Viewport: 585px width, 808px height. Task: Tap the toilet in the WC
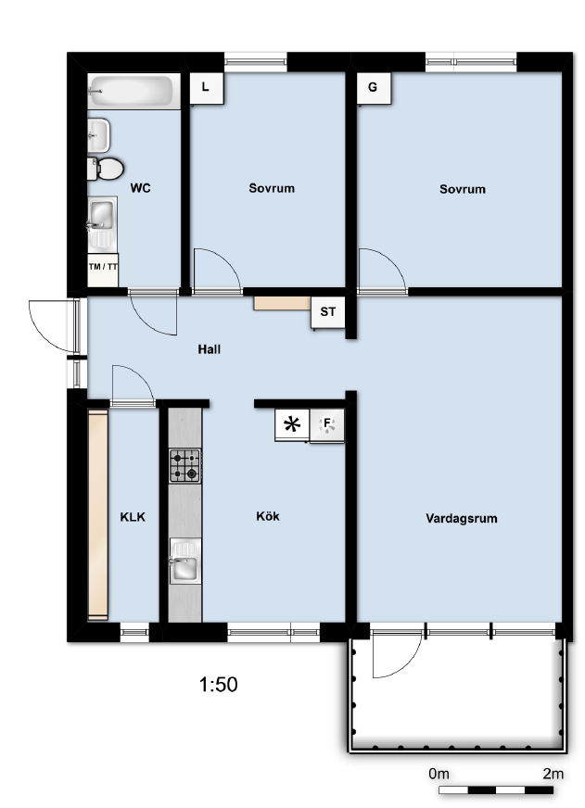pyautogui.click(x=107, y=169)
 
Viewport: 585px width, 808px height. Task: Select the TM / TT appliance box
pyautogui.click(x=103, y=270)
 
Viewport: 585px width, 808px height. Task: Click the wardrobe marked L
pyautogui.click(x=207, y=89)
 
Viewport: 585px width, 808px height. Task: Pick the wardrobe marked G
pyautogui.click(x=375, y=88)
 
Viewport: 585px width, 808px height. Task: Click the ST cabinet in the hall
pyautogui.click(x=328, y=312)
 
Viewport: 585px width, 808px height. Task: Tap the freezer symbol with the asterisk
pyautogui.click(x=292, y=424)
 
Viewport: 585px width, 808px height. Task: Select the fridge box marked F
pyautogui.click(x=326, y=425)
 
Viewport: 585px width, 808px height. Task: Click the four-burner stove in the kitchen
pyautogui.click(x=185, y=466)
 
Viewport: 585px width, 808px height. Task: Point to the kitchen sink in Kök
pyautogui.click(x=185, y=562)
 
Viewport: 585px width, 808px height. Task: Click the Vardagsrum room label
pyautogui.click(x=462, y=518)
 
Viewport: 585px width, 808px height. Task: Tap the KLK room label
pyautogui.click(x=133, y=517)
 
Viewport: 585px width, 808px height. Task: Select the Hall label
pyautogui.click(x=210, y=349)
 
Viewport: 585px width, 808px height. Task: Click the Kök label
pyautogui.click(x=268, y=516)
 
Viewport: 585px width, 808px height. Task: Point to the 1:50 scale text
pyautogui.click(x=219, y=685)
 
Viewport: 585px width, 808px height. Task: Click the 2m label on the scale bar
pyautogui.click(x=553, y=774)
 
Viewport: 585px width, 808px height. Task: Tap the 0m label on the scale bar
pyautogui.click(x=439, y=774)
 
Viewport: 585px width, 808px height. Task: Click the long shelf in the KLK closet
pyautogui.click(x=98, y=515)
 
